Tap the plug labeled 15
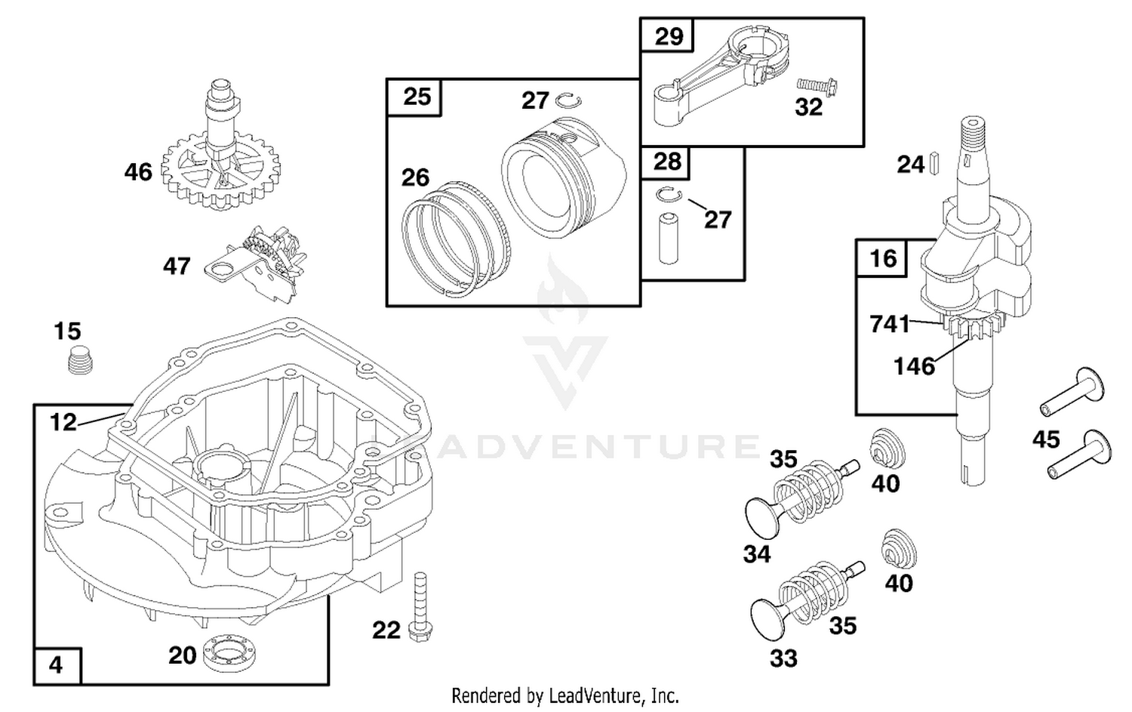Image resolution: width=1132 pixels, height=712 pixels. pyautogui.click(x=80, y=360)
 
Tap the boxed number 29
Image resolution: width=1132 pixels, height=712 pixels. pyautogui.click(x=669, y=36)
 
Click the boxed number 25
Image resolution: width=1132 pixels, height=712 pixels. pyautogui.click(x=417, y=97)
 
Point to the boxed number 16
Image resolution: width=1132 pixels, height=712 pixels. pyautogui.click(x=884, y=258)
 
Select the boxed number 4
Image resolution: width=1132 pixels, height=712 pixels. pyautogui.click(x=56, y=665)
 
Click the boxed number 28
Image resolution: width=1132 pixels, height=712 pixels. pyautogui.click(x=668, y=162)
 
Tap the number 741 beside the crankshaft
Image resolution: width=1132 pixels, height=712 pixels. pyautogui.click(x=890, y=324)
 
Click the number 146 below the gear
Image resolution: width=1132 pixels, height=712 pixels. pyautogui.click(x=914, y=365)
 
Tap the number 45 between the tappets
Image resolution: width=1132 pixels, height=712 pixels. pyautogui.click(x=1045, y=439)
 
